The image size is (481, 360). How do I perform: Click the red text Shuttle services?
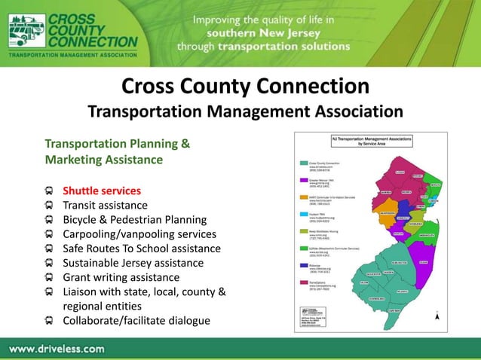click(x=101, y=191)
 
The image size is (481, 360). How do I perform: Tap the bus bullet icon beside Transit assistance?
click(x=49, y=205)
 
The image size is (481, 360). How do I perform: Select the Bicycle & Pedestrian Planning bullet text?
click(x=134, y=219)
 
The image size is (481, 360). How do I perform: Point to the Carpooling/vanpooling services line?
click(x=139, y=233)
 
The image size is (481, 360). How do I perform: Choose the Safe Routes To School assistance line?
click(x=142, y=248)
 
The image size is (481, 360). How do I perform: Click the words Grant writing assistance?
click(x=121, y=276)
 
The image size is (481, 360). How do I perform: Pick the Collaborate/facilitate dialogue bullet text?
click(x=136, y=320)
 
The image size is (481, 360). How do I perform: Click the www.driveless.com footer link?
click(x=57, y=349)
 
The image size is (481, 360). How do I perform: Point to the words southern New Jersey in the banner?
click(x=264, y=33)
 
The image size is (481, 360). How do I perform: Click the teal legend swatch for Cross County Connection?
click(x=301, y=162)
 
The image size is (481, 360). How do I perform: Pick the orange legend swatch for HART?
click(x=301, y=197)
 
